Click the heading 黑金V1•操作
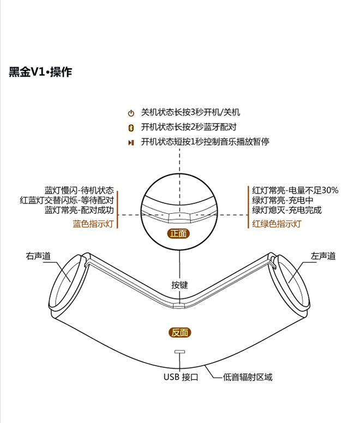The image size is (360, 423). pyautogui.click(x=40, y=72)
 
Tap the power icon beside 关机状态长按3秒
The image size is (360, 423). pyautogui.click(x=131, y=113)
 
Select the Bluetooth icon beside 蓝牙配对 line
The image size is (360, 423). pyautogui.click(x=131, y=128)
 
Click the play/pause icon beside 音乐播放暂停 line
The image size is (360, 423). pyautogui.click(x=131, y=142)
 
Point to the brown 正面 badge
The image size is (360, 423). pyautogui.click(x=178, y=233)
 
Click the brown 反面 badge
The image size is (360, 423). pyautogui.click(x=180, y=333)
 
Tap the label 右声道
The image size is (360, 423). pyautogui.click(x=38, y=256)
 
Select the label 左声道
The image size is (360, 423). pyautogui.click(x=323, y=256)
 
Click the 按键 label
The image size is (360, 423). pyautogui.click(x=180, y=285)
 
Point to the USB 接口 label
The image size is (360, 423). pyautogui.click(x=181, y=377)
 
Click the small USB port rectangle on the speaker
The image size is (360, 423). pyautogui.click(x=180, y=352)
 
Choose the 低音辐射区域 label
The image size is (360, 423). pyautogui.click(x=248, y=377)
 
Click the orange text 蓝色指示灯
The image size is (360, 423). pyautogui.click(x=93, y=223)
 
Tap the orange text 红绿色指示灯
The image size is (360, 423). pyautogui.click(x=277, y=223)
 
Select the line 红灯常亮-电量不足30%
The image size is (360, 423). pyautogui.click(x=295, y=190)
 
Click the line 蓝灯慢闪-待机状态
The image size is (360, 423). pyautogui.click(x=79, y=190)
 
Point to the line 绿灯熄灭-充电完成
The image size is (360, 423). pyautogui.click(x=287, y=210)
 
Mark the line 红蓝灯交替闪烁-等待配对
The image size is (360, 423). pyautogui.click(x=67, y=200)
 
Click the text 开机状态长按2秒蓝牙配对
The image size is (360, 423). pyautogui.click(x=189, y=127)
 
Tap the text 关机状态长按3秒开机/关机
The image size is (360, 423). pyautogui.click(x=190, y=112)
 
